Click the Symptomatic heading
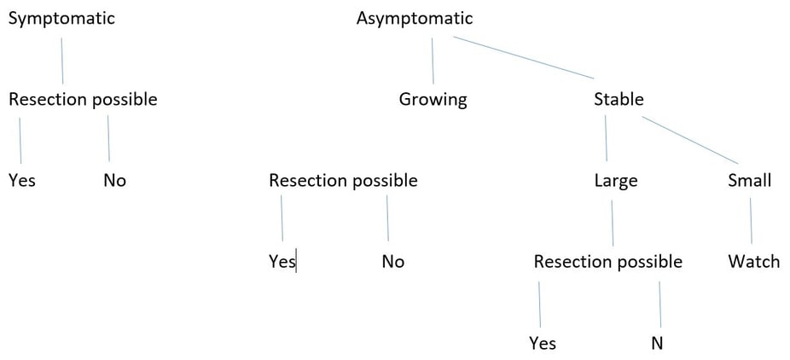pyautogui.click(x=62, y=19)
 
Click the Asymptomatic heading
pyautogui.click(x=415, y=19)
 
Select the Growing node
pyautogui.click(x=433, y=99)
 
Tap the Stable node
pyautogui.click(x=619, y=99)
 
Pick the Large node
pyautogui.click(x=616, y=181)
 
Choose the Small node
pyautogui.click(x=750, y=180)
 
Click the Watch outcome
pyautogui.click(x=753, y=262)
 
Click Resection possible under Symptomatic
pyautogui.click(x=83, y=99)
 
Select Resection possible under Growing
pyautogui.click(x=343, y=180)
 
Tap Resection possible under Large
pyautogui.click(x=608, y=262)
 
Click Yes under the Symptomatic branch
pyautogui.click(x=22, y=180)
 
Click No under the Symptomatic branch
pyautogui.click(x=115, y=180)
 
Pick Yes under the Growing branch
pyautogui.click(x=282, y=262)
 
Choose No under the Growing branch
pyautogui.click(x=393, y=262)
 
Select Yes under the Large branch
pyautogui.click(x=543, y=344)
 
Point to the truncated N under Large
pyautogui.click(x=657, y=344)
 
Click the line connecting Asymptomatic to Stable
pyautogui.click(x=524, y=57)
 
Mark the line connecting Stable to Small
pyautogui.click(x=690, y=141)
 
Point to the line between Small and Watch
pyautogui.click(x=751, y=221)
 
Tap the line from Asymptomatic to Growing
pyautogui.click(x=433, y=61)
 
